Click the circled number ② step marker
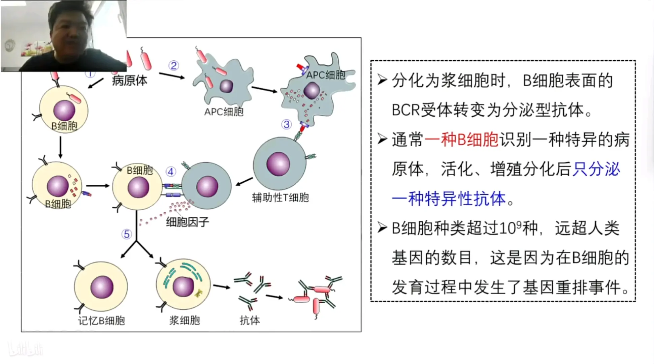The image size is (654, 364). tap(173, 65)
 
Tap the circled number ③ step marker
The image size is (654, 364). tap(286, 124)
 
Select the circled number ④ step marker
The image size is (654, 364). tap(171, 172)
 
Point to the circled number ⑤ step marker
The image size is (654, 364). tap(127, 234)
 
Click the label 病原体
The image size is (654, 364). tap(130, 81)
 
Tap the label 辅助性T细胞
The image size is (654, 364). tap(280, 198)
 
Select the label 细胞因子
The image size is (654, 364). tap(188, 222)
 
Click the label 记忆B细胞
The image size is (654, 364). tap(101, 321)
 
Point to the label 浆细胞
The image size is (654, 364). tap(184, 320)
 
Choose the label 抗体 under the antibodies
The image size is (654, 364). tap(250, 320)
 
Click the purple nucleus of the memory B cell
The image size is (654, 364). tap(102, 287)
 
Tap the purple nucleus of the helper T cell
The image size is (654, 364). tap(278, 164)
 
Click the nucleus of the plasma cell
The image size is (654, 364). tap(183, 286)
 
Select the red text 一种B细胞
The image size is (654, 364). tap(461, 140)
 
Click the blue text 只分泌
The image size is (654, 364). tap(596, 169)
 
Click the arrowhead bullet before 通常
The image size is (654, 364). tap(382, 139)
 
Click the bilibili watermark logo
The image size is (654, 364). tap(26, 348)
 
